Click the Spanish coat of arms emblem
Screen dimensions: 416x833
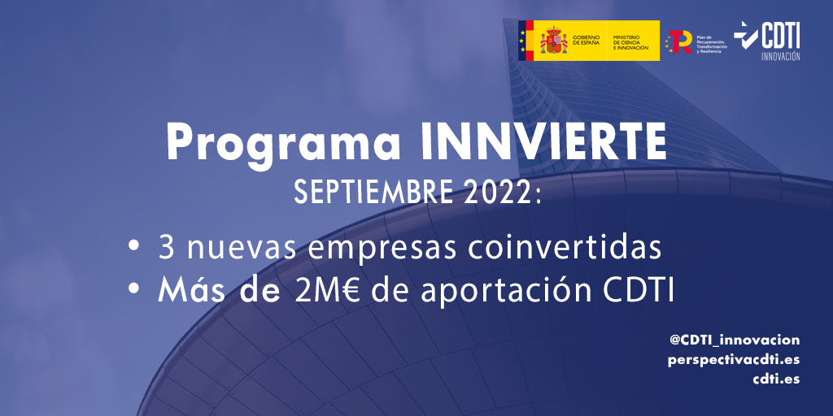click(x=554, y=41)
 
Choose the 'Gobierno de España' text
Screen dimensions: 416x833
click(x=587, y=41)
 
